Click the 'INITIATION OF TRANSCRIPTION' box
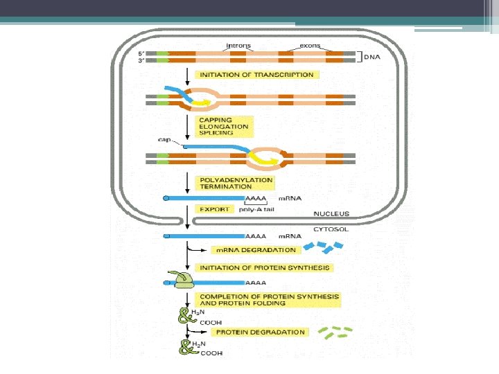pos(256,75)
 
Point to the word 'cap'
pos(164,139)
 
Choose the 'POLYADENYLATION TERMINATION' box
pos(236,184)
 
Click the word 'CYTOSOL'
pos(329,225)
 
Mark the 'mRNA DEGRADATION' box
pos(256,250)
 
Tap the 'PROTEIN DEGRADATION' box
pos(260,332)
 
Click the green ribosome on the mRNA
pos(184,280)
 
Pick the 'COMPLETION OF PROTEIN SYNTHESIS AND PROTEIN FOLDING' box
pos(269,300)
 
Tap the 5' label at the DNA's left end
pos(141,53)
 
